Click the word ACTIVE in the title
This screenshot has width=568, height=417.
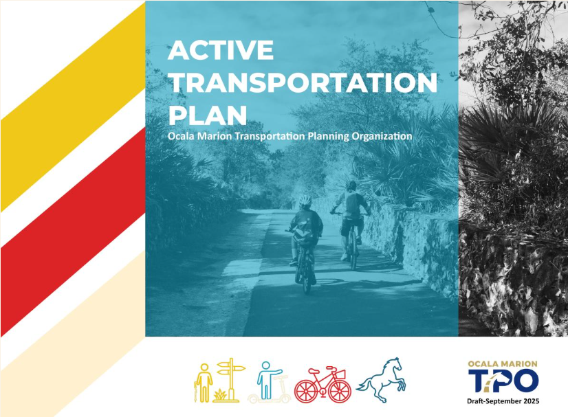(x=221, y=50)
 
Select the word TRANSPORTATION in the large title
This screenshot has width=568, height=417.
(x=303, y=83)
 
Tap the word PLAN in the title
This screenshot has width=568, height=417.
(x=208, y=115)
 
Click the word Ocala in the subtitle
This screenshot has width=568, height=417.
(x=179, y=136)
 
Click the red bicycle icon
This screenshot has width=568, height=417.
(x=323, y=384)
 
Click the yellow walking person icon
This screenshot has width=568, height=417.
(x=204, y=383)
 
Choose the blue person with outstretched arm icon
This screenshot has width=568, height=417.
(x=268, y=380)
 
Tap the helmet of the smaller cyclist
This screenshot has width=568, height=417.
(x=305, y=200)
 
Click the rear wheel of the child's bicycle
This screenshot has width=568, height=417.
(x=306, y=277)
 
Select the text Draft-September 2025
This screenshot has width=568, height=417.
(x=503, y=401)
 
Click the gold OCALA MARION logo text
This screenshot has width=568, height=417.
(x=503, y=364)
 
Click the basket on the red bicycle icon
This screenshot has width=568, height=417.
(x=340, y=374)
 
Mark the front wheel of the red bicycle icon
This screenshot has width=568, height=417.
(x=340, y=391)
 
